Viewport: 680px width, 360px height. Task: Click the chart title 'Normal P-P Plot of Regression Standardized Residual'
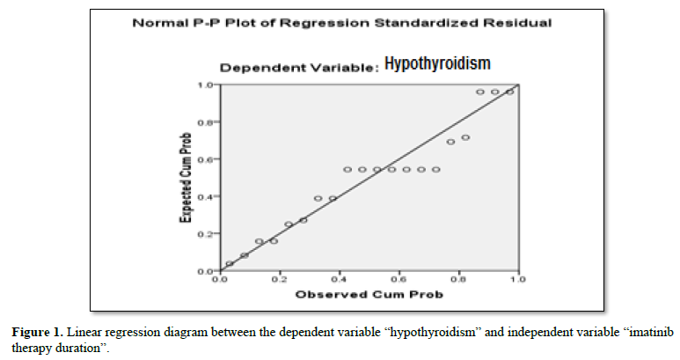tap(341, 23)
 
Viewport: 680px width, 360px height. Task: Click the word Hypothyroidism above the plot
tap(436, 63)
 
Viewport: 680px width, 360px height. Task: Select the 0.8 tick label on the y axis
tap(206, 122)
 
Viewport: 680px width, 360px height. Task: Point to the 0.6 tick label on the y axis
tap(206, 159)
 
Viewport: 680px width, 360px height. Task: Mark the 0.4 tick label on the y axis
tap(206, 196)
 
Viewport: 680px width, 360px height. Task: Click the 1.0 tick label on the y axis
tap(206, 84)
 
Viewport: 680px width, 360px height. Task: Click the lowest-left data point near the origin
tap(230, 263)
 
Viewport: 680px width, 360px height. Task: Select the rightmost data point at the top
tap(509, 92)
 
